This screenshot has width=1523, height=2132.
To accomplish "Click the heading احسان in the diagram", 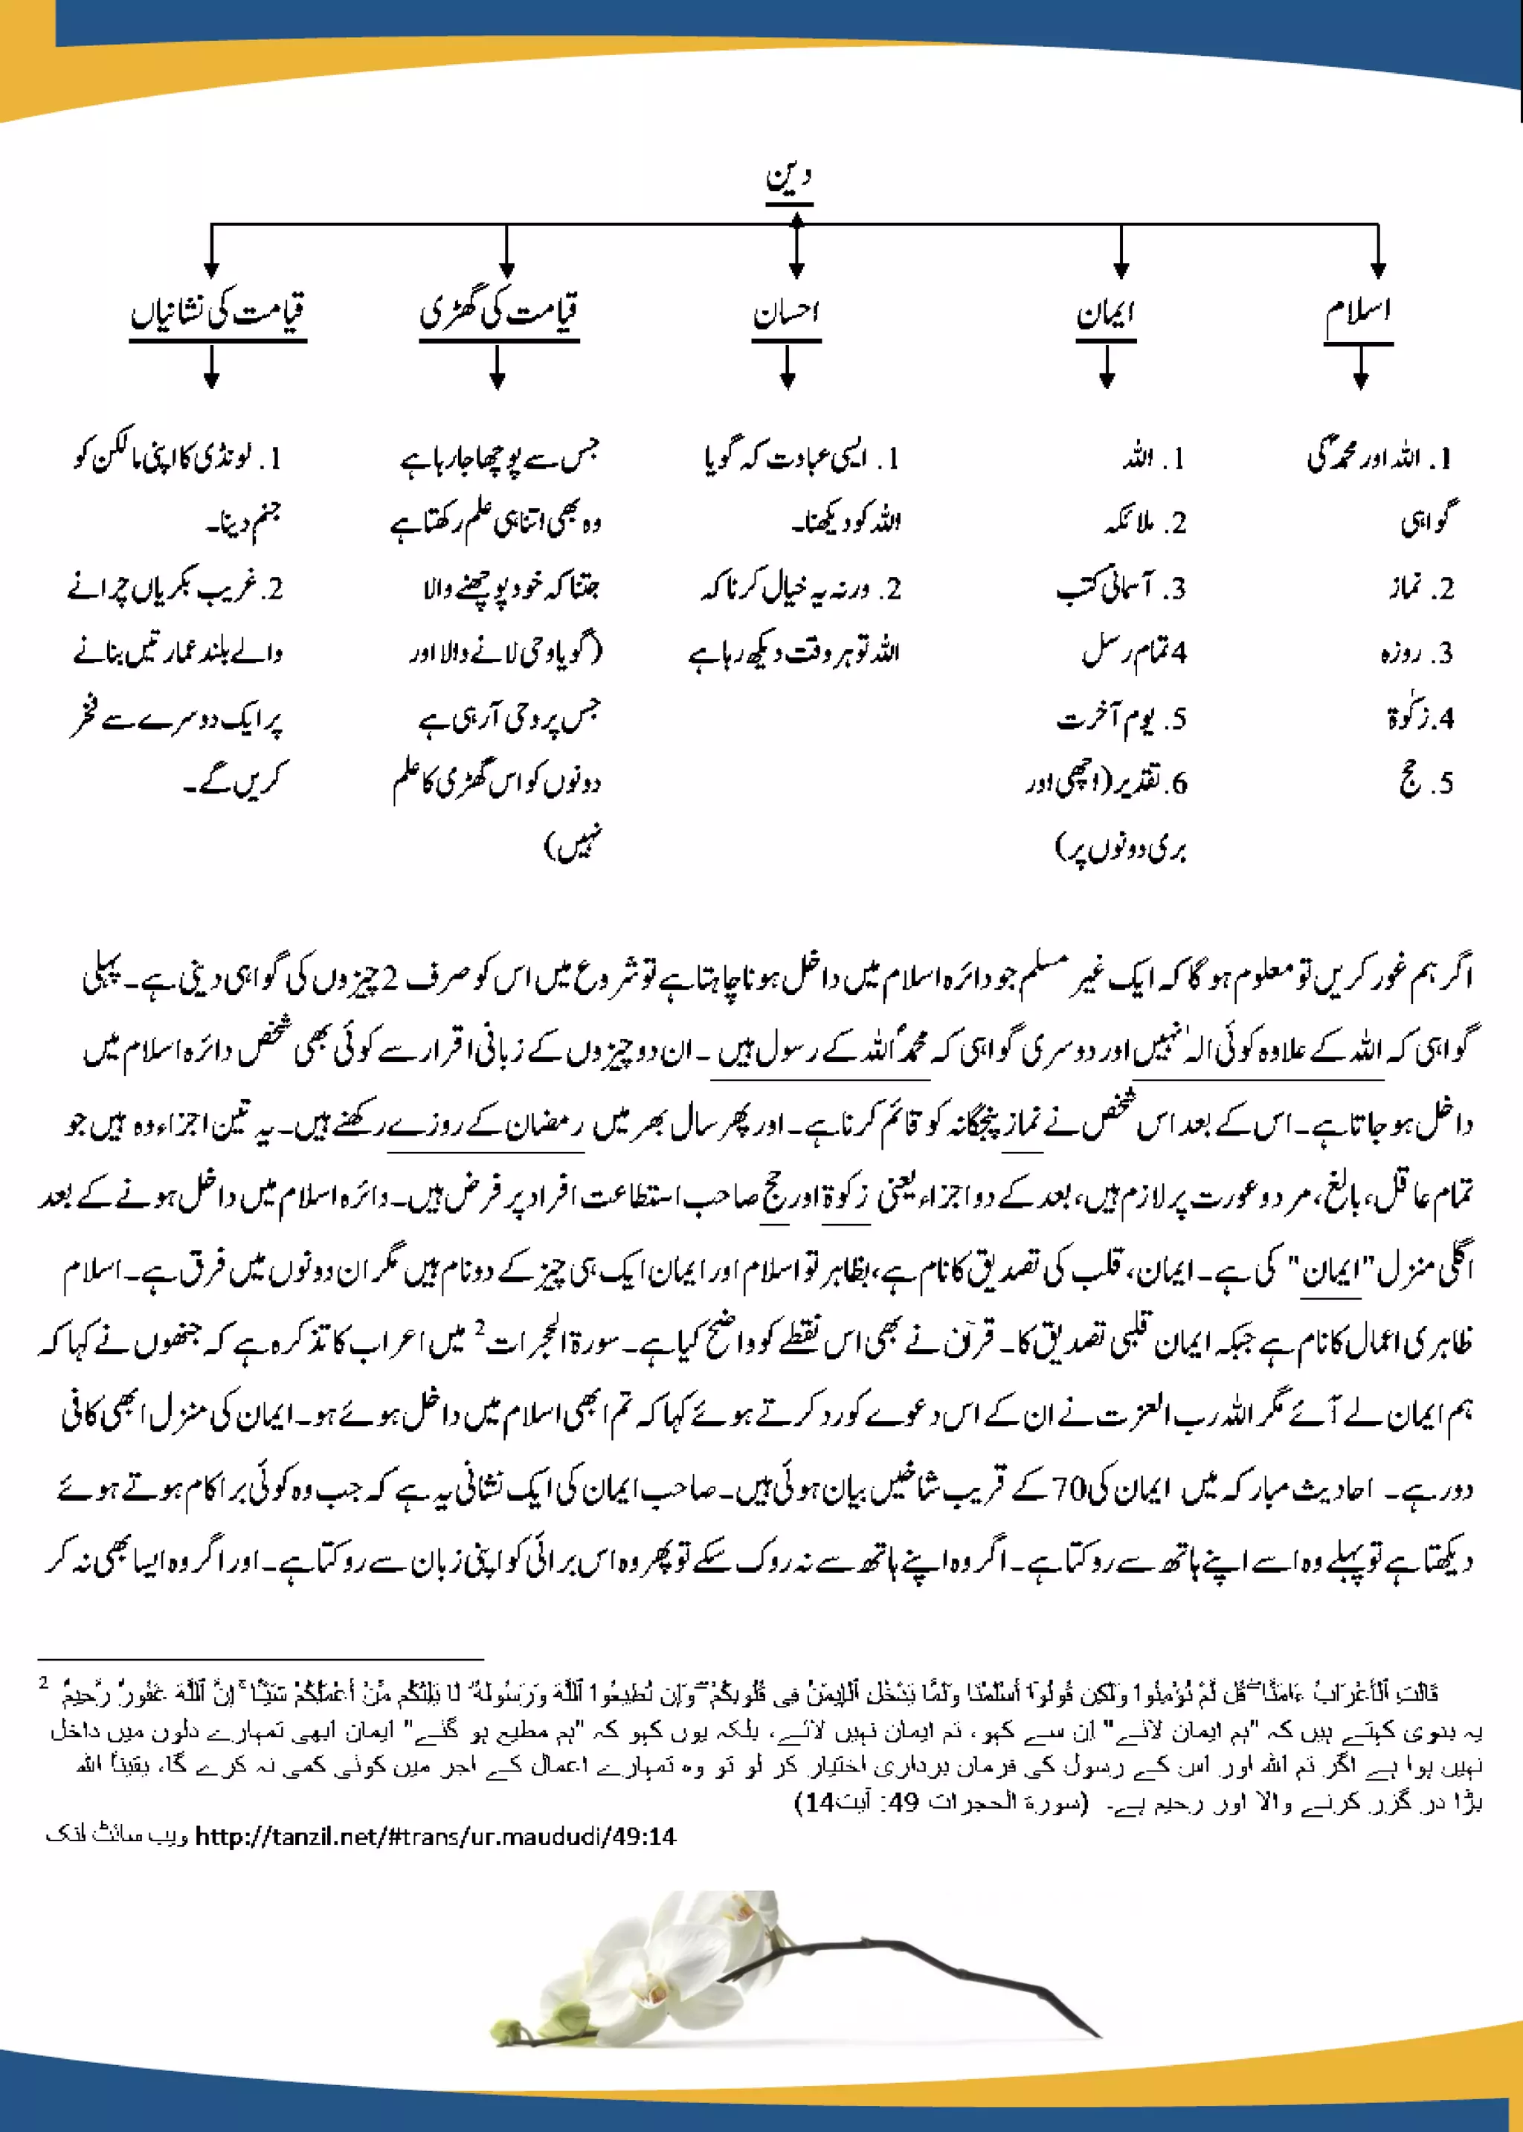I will [x=786, y=313].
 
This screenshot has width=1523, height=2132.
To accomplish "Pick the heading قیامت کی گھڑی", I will [x=499, y=312].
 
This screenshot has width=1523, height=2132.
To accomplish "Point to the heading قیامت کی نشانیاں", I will [x=218, y=312].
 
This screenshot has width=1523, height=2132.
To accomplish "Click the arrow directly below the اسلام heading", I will [x=1361, y=367].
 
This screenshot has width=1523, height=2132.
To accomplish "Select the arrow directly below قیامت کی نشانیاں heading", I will [x=211, y=367].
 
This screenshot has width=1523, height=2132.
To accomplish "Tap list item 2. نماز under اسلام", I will [x=1421, y=589].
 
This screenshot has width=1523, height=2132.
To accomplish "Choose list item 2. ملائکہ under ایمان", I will [x=1146, y=524].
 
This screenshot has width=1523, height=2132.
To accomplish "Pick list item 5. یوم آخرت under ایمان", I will [x=1121, y=719].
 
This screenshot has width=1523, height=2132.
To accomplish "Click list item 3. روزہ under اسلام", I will [x=1417, y=654].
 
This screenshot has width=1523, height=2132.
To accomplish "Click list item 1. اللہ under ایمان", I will [x=1154, y=459].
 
